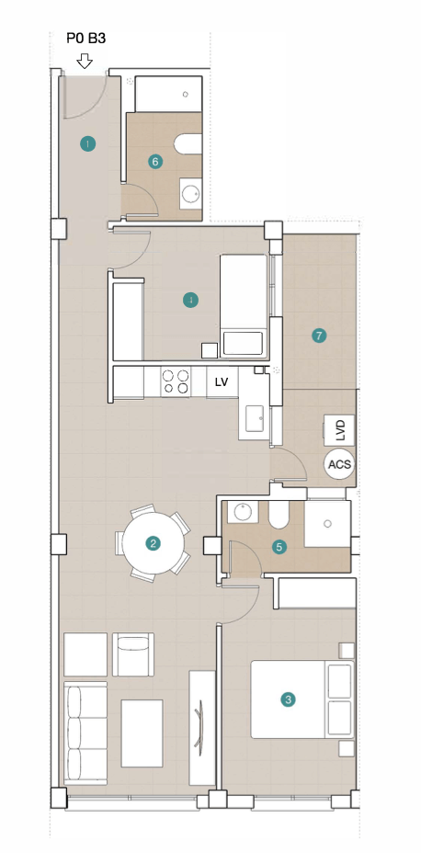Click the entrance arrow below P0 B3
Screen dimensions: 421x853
(x=85, y=61)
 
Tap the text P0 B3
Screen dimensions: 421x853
(x=85, y=38)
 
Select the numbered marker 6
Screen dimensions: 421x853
(x=155, y=162)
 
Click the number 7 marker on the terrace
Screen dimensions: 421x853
(x=319, y=336)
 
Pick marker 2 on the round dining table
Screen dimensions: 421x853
(x=154, y=542)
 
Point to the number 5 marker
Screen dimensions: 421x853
(x=279, y=547)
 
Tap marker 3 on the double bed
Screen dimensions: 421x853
(x=288, y=699)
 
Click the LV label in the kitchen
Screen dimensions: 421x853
(x=221, y=381)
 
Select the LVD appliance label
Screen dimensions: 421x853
(x=340, y=430)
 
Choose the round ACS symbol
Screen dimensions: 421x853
(x=340, y=465)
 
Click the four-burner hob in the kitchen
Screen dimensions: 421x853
(x=176, y=381)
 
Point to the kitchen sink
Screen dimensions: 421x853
(x=255, y=417)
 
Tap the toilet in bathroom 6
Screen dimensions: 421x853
(x=188, y=144)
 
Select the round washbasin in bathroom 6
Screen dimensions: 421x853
(x=191, y=194)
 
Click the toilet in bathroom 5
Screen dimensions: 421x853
(x=279, y=514)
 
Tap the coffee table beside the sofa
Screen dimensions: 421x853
(x=142, y=733)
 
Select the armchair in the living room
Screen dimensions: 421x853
(x=133, y=654)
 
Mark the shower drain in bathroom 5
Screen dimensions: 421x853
(x=327, y=524)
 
